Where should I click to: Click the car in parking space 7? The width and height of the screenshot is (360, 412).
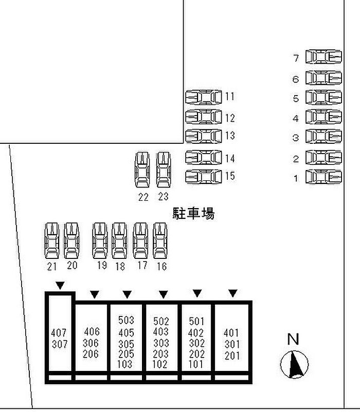tap(323, 57)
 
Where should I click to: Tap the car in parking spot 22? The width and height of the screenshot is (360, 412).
tap(142, 169)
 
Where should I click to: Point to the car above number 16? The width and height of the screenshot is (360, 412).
tap(160, 240)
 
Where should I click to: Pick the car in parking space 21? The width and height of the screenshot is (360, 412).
tap(52, 240)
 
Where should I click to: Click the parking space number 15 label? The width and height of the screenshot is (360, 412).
tap(230, 176)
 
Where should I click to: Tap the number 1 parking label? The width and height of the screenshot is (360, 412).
tap(296, 179)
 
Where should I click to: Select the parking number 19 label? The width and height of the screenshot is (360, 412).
tap(101, 265)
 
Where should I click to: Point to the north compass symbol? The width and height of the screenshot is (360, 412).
tap(294, 364)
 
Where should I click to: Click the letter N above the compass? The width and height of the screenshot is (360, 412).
tap(293, 339)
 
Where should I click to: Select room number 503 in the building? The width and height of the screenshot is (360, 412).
tap(126, 321)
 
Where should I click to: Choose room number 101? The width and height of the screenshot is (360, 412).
tap(196, 364)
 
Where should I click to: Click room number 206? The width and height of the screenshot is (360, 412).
tap(92, 354)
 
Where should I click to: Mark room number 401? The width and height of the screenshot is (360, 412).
tap(231, 332)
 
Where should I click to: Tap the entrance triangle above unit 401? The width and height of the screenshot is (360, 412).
tap(233, 293)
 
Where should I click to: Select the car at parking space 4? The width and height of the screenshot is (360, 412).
tap(323, 117)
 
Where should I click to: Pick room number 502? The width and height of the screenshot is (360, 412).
tap(161, 322)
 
